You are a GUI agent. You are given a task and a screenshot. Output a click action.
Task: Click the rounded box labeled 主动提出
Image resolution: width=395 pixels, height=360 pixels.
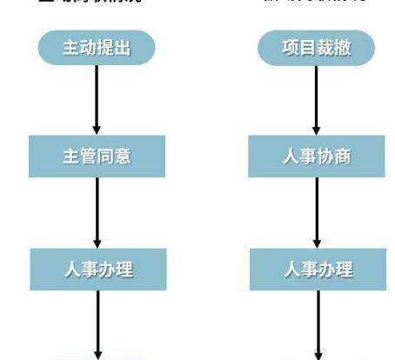point(97,49)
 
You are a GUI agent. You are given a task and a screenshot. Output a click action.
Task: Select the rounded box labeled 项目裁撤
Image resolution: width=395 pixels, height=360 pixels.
point(317,49)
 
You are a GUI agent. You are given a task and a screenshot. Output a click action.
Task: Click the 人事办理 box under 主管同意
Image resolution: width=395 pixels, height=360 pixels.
point(97,269)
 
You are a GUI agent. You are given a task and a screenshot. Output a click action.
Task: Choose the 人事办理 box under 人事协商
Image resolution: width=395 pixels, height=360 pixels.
point(317,269)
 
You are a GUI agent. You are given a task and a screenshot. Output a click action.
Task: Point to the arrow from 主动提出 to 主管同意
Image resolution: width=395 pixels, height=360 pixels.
point(97,100)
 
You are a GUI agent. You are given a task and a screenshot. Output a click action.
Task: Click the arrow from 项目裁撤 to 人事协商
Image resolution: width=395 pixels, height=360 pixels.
point(317,100)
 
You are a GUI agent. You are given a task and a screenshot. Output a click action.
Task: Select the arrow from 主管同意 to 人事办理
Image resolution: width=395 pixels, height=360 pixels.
point(97,212)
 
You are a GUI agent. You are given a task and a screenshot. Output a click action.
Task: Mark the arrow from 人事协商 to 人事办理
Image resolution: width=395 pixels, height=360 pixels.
point(317,212)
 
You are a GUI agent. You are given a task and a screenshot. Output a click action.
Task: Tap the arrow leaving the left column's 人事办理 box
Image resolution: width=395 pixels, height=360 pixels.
point(97,323)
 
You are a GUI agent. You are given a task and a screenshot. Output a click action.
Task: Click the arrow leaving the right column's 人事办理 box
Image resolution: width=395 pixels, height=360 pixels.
point(317,323)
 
